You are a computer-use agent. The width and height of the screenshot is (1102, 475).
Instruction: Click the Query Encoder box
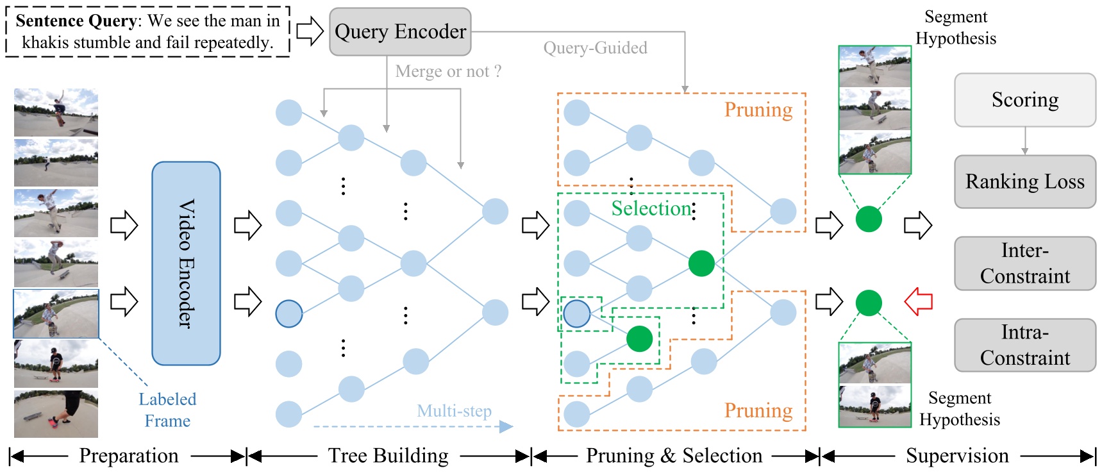[400, 31]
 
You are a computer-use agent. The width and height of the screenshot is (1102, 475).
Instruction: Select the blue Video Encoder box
[186, 263]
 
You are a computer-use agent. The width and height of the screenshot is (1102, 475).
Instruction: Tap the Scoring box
[1024, 100]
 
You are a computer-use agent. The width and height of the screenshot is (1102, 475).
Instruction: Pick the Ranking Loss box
[1024, 181]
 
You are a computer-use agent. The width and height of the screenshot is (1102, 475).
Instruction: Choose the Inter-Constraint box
[1024, 263]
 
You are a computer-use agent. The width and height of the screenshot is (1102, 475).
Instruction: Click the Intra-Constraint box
[1024, 345]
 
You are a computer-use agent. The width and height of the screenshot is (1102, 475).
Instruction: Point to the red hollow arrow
[918, 301]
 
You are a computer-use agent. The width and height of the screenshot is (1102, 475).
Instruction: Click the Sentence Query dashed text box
[147, 31]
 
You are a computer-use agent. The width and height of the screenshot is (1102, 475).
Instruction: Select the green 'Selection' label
[651, 208]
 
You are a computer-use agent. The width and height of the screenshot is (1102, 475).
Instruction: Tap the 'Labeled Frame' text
[167, 410]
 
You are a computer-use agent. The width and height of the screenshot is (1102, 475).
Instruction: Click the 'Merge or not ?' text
[448, 71]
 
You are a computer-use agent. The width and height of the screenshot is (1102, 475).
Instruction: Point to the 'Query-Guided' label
[595, 48]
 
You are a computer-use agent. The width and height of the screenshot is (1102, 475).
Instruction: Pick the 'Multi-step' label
[454, 411]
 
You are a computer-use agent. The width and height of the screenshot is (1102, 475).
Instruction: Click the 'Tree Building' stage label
[388, 456]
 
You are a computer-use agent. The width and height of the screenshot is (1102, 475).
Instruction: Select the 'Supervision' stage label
[957, 456]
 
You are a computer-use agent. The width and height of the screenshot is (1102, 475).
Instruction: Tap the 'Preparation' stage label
[128, 456]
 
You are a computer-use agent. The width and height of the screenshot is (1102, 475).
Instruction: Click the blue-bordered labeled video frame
[56, 313]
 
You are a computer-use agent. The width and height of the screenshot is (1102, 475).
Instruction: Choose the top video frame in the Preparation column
[56, 112]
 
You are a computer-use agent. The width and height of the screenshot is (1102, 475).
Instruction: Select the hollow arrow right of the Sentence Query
[310, 31]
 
